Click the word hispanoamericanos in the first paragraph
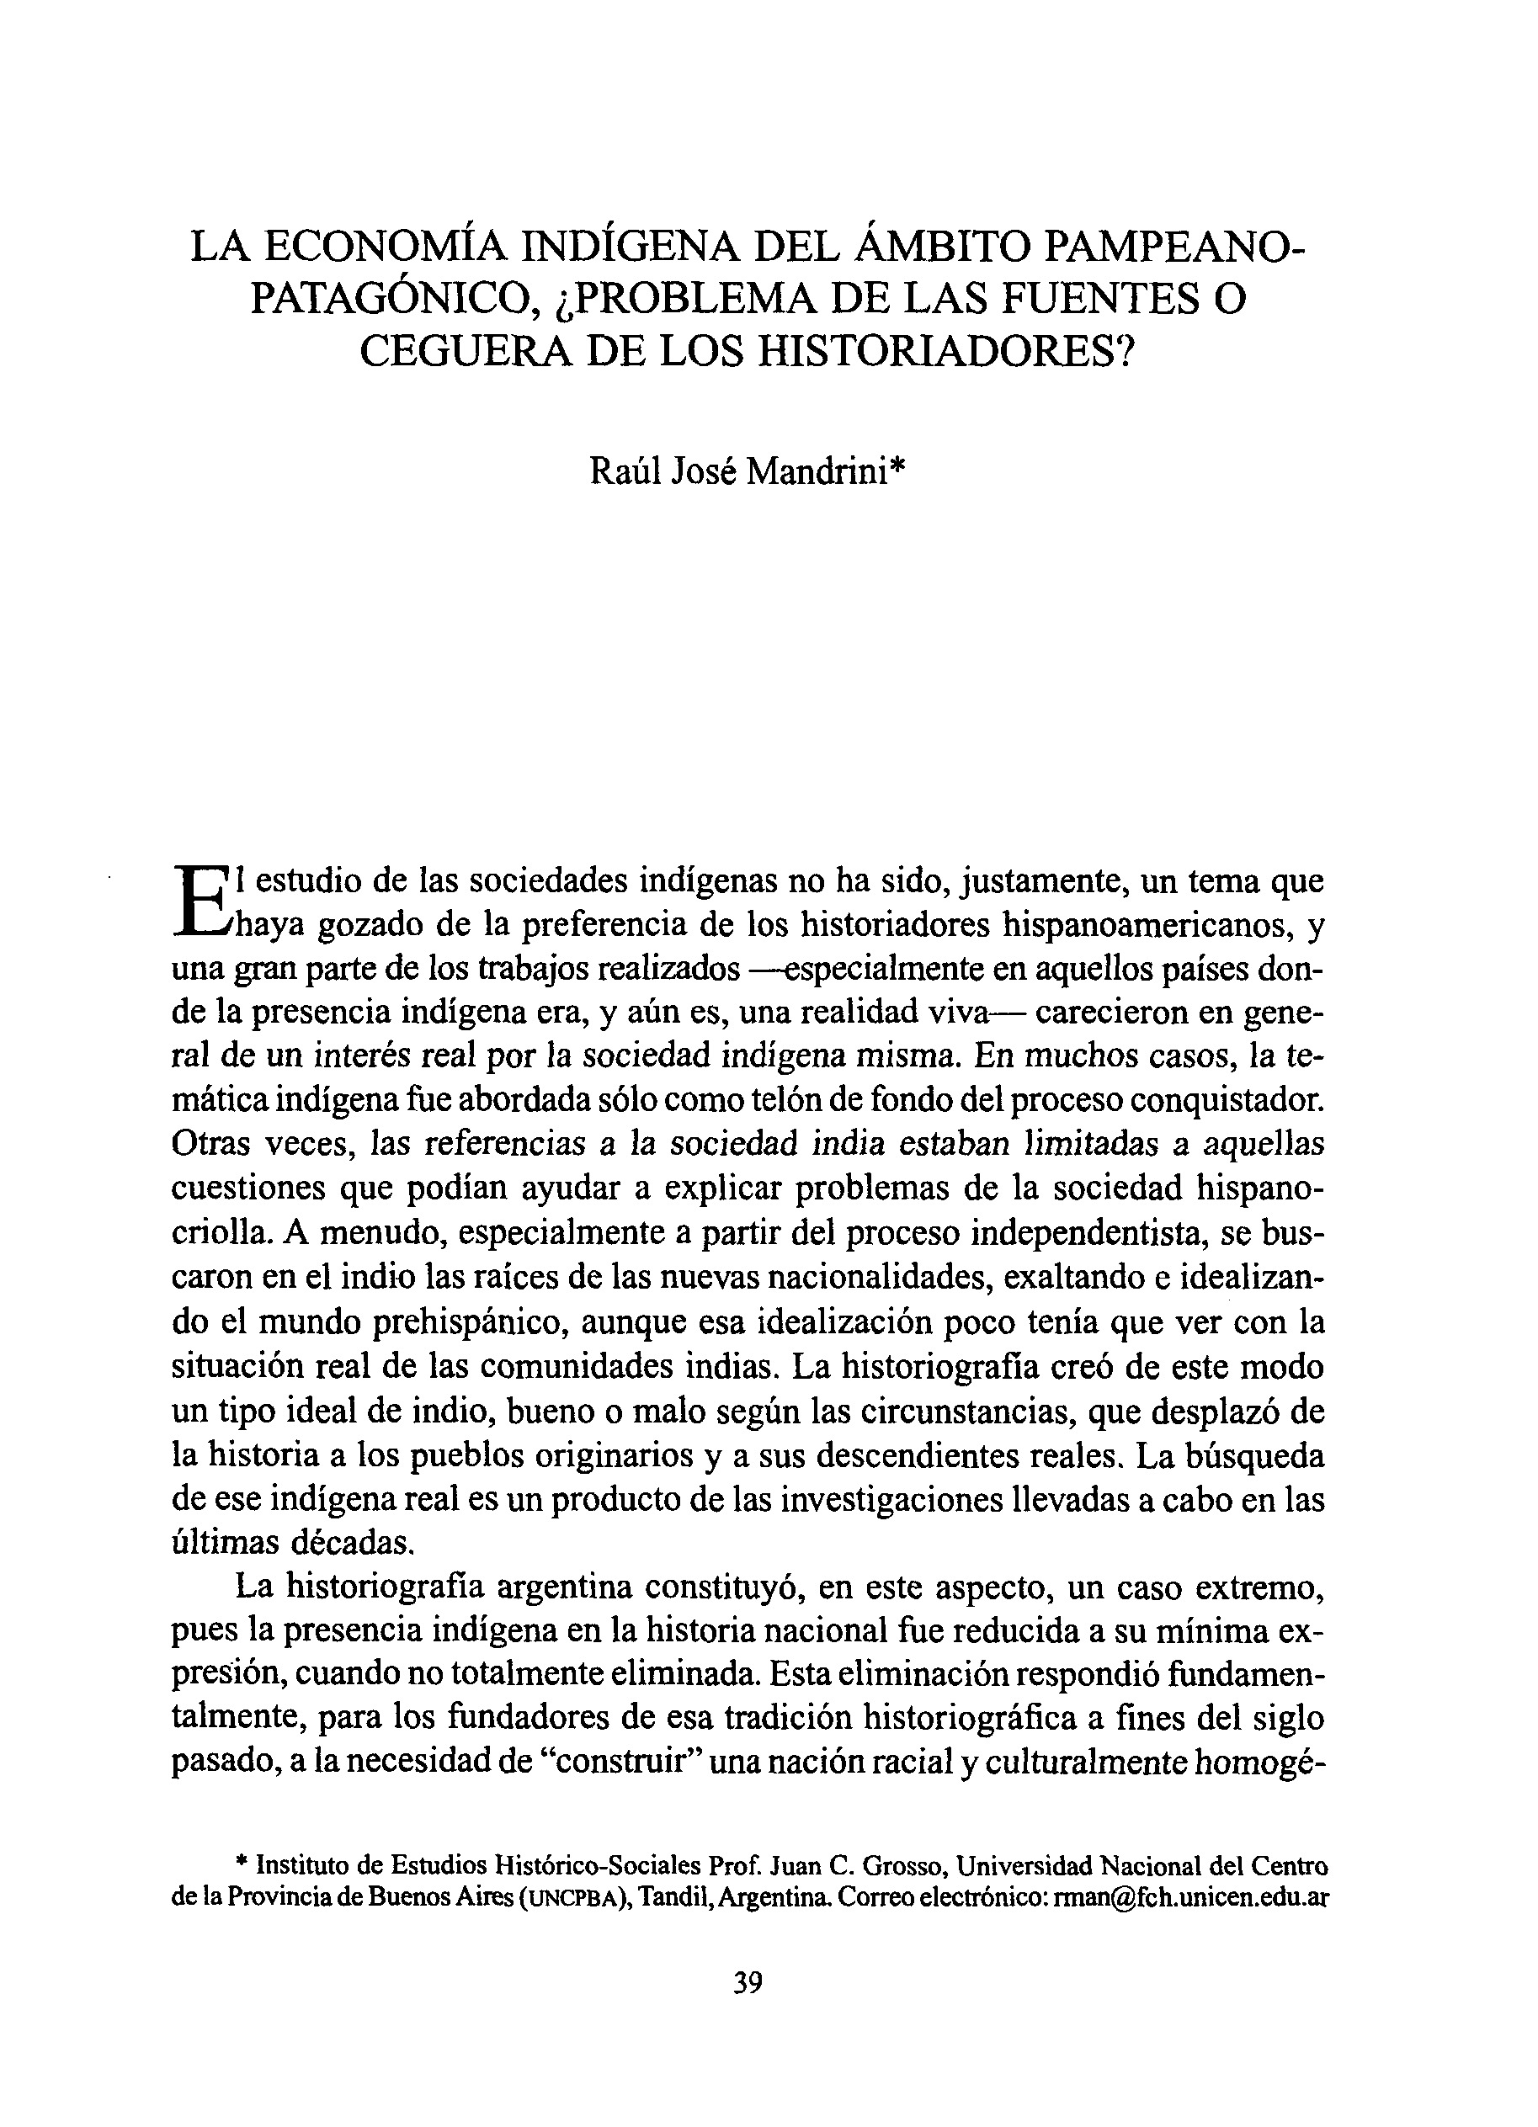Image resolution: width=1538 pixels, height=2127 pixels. [1151, 926]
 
